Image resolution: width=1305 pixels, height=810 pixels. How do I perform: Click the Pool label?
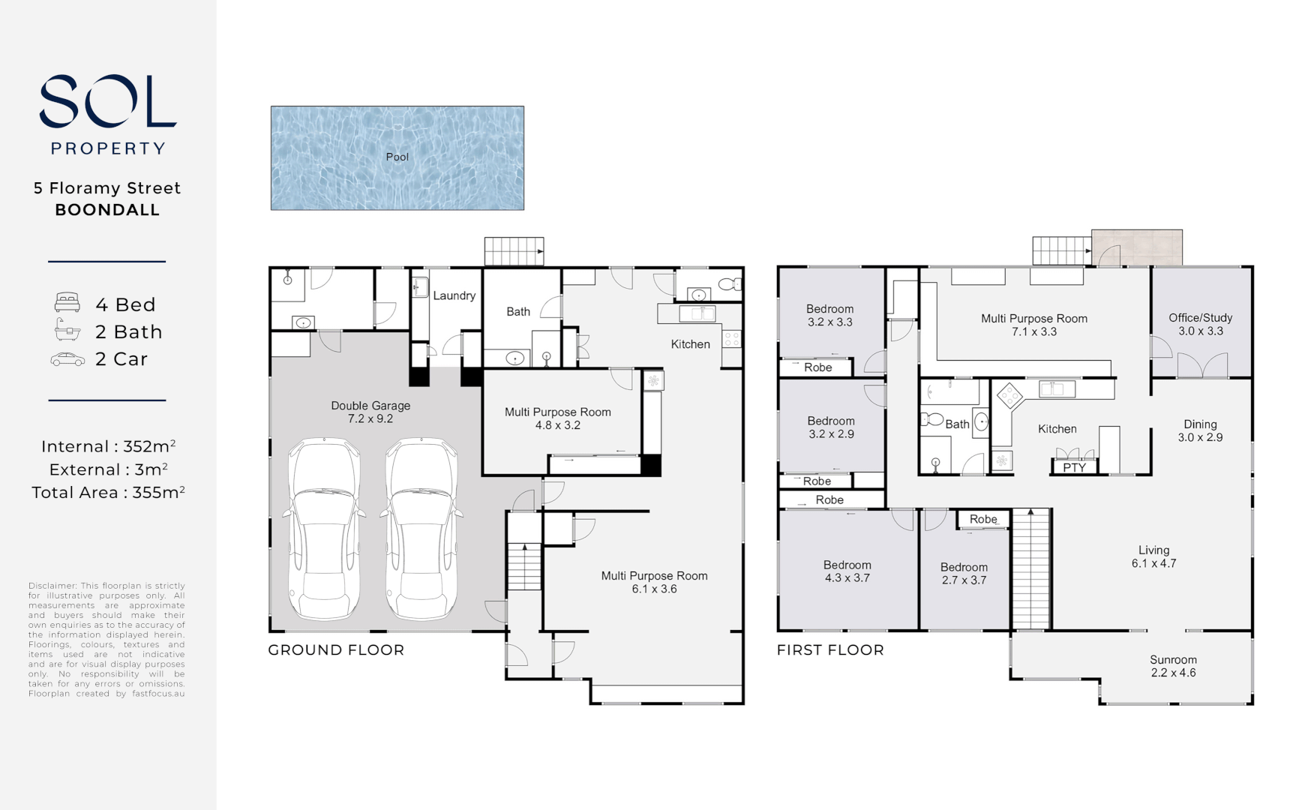(397, 157)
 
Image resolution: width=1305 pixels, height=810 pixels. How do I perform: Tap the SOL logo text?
(107, 101)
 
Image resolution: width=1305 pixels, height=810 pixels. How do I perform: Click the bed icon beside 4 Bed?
(67, 303)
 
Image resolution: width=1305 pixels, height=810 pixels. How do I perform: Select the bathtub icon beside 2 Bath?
(67, 330)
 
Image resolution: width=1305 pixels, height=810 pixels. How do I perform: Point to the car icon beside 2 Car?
(67, 359)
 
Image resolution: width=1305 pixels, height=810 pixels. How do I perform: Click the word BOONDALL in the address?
(107, 210)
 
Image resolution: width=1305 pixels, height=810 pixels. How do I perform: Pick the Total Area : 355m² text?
(108, 493)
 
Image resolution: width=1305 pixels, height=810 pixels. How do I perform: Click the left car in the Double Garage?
(324, 529)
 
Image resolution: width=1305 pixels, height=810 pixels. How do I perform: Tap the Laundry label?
(454, 295)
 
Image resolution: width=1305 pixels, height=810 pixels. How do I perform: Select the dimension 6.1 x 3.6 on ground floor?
(654, 589)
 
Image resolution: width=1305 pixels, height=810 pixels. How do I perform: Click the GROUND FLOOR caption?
(336, 650)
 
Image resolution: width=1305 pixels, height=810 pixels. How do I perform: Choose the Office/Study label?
(1200, 317)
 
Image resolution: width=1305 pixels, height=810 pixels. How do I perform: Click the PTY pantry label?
(1074, 467)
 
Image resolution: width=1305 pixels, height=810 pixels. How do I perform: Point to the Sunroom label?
(1173, 660)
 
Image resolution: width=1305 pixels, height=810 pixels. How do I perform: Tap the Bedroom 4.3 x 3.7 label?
(847, 571)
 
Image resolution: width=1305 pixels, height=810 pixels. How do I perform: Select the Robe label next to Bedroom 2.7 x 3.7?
(983, 519)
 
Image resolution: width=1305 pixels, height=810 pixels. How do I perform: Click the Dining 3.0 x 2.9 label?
(1200, 430)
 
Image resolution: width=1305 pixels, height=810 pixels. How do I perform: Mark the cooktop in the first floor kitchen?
(1009, 394)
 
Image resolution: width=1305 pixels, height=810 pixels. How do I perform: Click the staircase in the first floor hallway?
(1031, 570)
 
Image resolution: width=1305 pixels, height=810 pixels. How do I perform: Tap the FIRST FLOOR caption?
(830, 650)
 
